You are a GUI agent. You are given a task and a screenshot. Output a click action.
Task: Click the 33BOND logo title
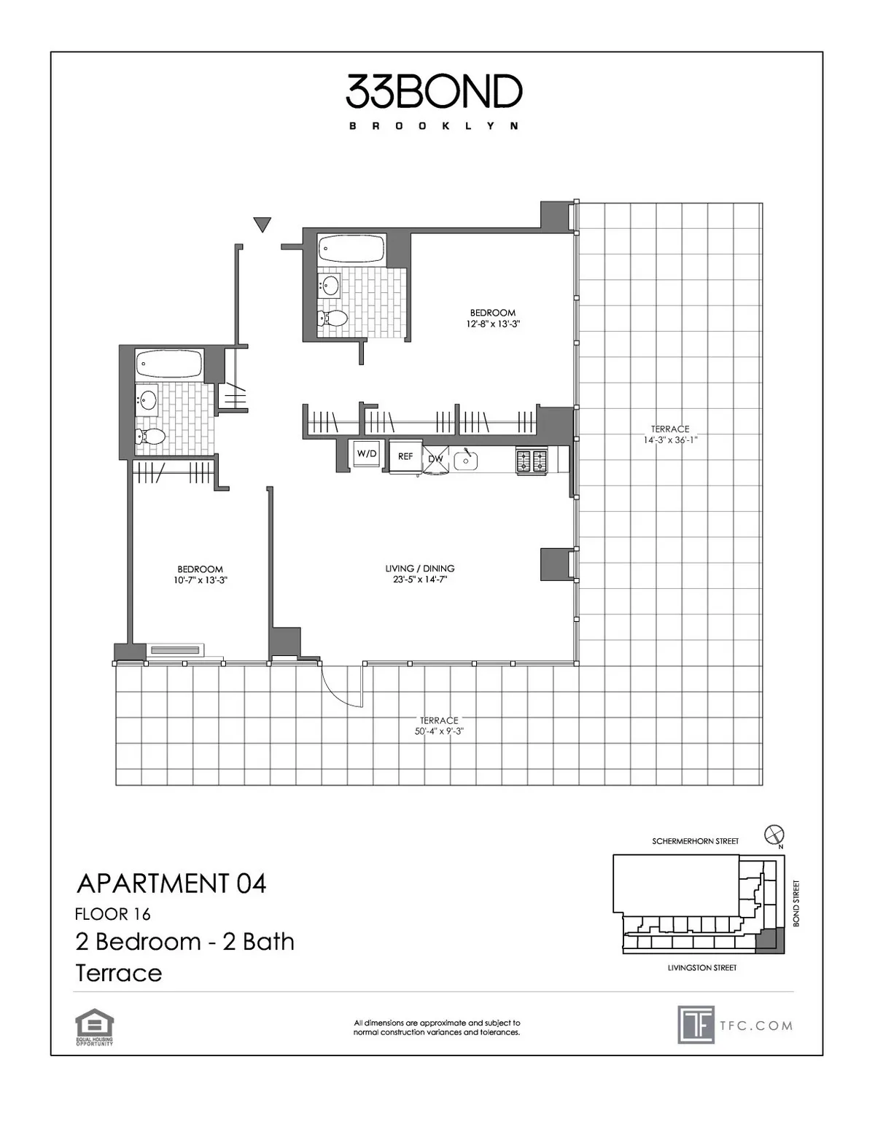click(434, 93)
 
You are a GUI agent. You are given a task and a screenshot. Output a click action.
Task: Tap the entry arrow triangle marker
click(262, 225)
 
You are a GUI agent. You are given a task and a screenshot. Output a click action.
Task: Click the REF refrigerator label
click(405, 457)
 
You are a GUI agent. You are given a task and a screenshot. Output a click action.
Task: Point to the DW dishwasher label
click(436, 458)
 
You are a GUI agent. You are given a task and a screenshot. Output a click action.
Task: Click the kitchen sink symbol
click(464, 459)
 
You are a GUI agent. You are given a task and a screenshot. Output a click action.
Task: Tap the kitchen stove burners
click(532, 460)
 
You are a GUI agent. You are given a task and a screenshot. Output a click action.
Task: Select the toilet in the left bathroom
click(151, 437)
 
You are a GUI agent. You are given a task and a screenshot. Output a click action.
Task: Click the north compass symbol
click(774, 835)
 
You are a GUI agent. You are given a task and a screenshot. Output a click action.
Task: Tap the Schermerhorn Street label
click(695, 841)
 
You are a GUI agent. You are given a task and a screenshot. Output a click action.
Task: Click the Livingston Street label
click(701, 968)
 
